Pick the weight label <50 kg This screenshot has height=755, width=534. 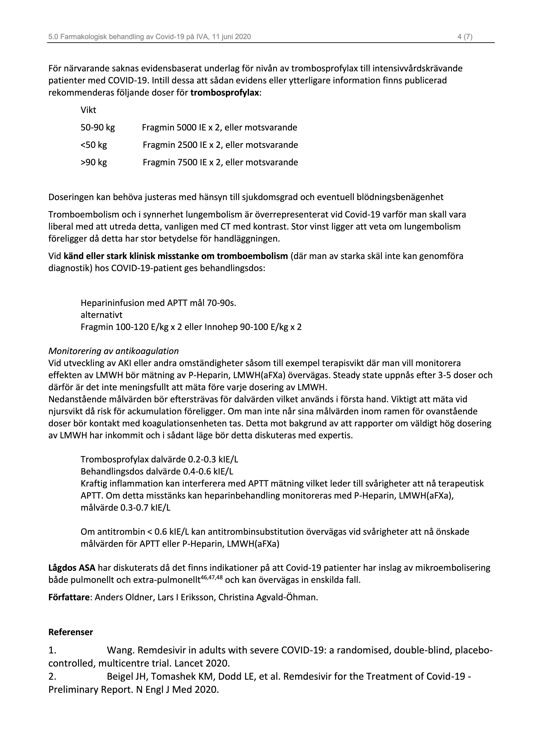(94, 145)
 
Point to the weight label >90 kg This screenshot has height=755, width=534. (94, 162)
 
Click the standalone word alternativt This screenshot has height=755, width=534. (101, 315)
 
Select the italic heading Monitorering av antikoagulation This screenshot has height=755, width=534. (114, 351)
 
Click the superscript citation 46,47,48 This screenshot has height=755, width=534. (211, 577)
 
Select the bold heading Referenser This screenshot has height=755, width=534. (71, 632)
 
